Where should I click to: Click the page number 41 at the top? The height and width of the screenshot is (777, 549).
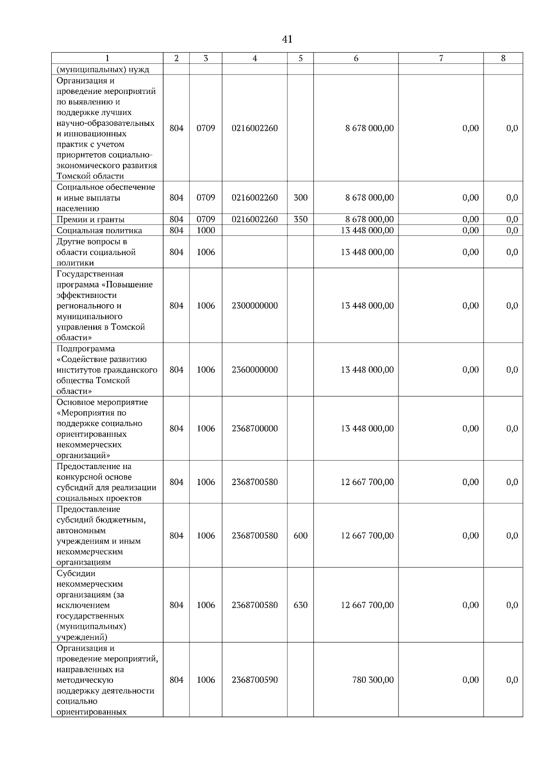coord(287,39)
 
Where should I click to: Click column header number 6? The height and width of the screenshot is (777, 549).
coord(356,58)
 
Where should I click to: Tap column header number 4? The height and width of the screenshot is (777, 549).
coord(255,58)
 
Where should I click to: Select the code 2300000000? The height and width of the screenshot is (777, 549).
coord(255,306)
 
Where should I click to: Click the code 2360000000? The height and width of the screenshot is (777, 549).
coord(255,370)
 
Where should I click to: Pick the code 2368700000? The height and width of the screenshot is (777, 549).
coord(255,429)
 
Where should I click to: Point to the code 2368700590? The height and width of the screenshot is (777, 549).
coord(255,680)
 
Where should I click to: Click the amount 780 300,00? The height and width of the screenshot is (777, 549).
coord(373,680)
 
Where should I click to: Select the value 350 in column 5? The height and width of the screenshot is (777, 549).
coord(301,219)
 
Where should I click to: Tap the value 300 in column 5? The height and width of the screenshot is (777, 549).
coord(301,198)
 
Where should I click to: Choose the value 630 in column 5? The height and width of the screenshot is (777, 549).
coord(301,605)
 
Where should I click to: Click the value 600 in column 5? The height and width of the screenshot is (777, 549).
coord(301,536)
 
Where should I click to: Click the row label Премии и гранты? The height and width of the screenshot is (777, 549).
coord(91,220)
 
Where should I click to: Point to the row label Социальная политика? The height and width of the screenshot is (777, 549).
coord(99,231)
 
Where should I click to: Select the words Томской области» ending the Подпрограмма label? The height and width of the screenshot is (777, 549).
coord(93,386)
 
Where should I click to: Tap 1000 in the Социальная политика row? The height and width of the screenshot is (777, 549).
coord(206,231)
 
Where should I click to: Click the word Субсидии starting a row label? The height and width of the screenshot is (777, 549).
coord(76,573)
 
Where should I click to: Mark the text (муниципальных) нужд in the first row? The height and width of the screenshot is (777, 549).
coord(103,70)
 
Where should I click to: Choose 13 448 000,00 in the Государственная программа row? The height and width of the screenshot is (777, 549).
coord(367,306)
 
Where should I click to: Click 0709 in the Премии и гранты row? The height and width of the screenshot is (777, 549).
coord(206,219)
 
